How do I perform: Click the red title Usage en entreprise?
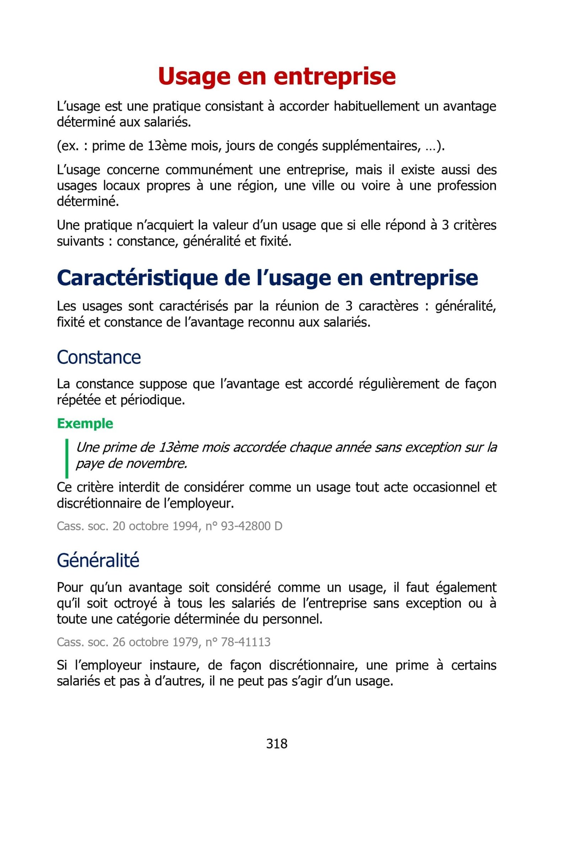click(277, 76)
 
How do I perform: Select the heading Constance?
click(99, 357)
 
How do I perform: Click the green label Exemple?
click(85, 424)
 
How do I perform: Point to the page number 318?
click(277, 744)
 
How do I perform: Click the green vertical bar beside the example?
click(67, 458)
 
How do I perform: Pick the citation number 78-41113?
click(245, 642)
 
